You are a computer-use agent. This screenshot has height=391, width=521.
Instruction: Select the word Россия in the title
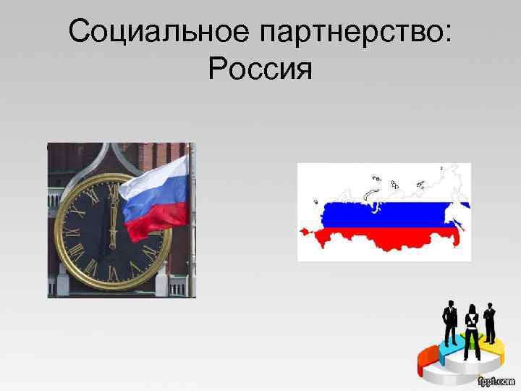pos(260,71)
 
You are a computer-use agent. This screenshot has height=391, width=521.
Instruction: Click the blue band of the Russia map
pos(391,214)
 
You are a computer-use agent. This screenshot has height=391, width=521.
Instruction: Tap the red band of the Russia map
pos(384,237)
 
